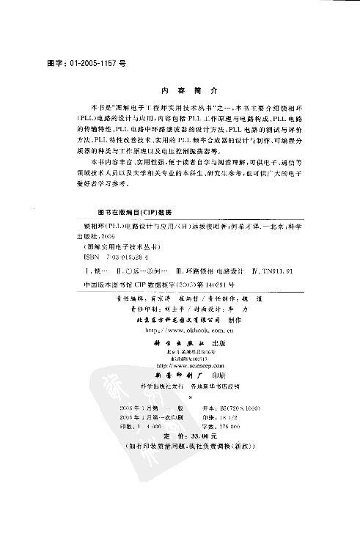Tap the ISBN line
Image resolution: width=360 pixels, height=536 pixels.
tap(109, 257)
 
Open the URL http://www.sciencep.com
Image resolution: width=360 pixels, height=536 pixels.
tap(180, 364)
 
